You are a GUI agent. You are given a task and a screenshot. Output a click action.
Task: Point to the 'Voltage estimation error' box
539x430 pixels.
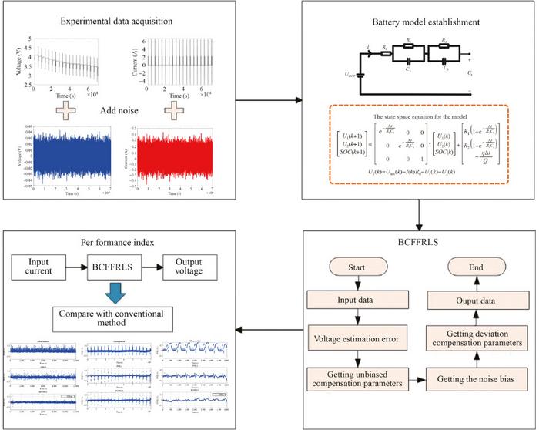[x=357, y=338]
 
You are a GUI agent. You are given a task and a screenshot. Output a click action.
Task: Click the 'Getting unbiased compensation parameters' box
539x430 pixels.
[x=357, y=380]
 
